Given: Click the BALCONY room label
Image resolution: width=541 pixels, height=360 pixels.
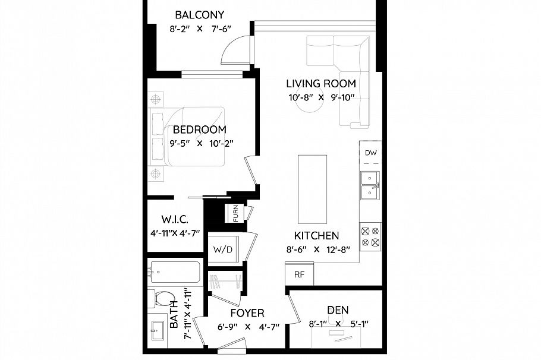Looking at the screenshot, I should pyautogui.click(x=199, y=15).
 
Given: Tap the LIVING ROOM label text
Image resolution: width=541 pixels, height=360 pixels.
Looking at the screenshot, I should pyautogui.click(x=321, y=84).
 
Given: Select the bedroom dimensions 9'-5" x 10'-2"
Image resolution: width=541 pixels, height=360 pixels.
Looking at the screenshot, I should pyautogui.click(x=202, y=143).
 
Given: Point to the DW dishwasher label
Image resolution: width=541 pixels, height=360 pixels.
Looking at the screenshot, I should pyautogui.click(x=371, y=153).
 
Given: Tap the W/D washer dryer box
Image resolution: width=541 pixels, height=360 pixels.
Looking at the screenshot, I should pyautogui.click(x=223, y=250).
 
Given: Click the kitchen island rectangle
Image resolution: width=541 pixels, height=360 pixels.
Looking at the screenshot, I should pyautogui.click(x=312, y=188).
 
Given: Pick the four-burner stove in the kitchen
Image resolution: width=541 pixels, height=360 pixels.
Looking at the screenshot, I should pyautogui.click(x=370, y=236).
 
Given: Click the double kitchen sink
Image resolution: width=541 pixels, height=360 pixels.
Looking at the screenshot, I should pyautogui.click(x=370, y=185).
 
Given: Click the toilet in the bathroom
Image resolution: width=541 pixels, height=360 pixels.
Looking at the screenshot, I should pyautogui.click(x=162, y=299).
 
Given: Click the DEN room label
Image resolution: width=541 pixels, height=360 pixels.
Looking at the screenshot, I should pyautogui.click(x=338, y=310).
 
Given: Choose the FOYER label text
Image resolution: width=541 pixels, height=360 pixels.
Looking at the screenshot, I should pyautogui.click(x=247, y=312).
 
